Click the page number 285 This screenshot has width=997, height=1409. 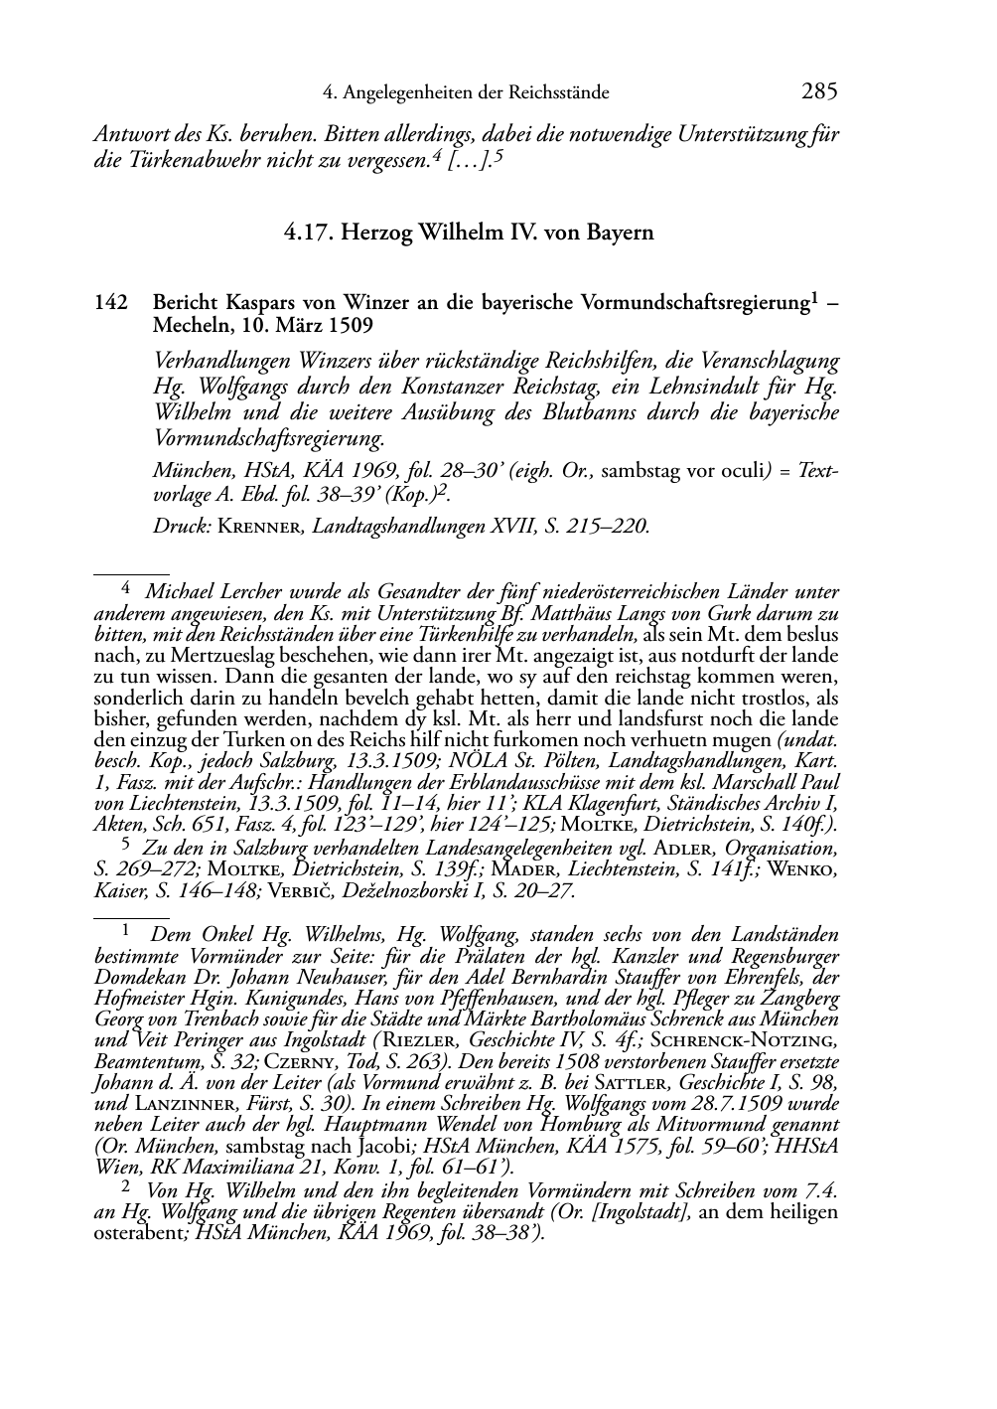coord(819,92)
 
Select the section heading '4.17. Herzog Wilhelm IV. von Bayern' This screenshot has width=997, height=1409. coord(469,234)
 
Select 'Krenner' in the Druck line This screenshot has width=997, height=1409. coord(260,528)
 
